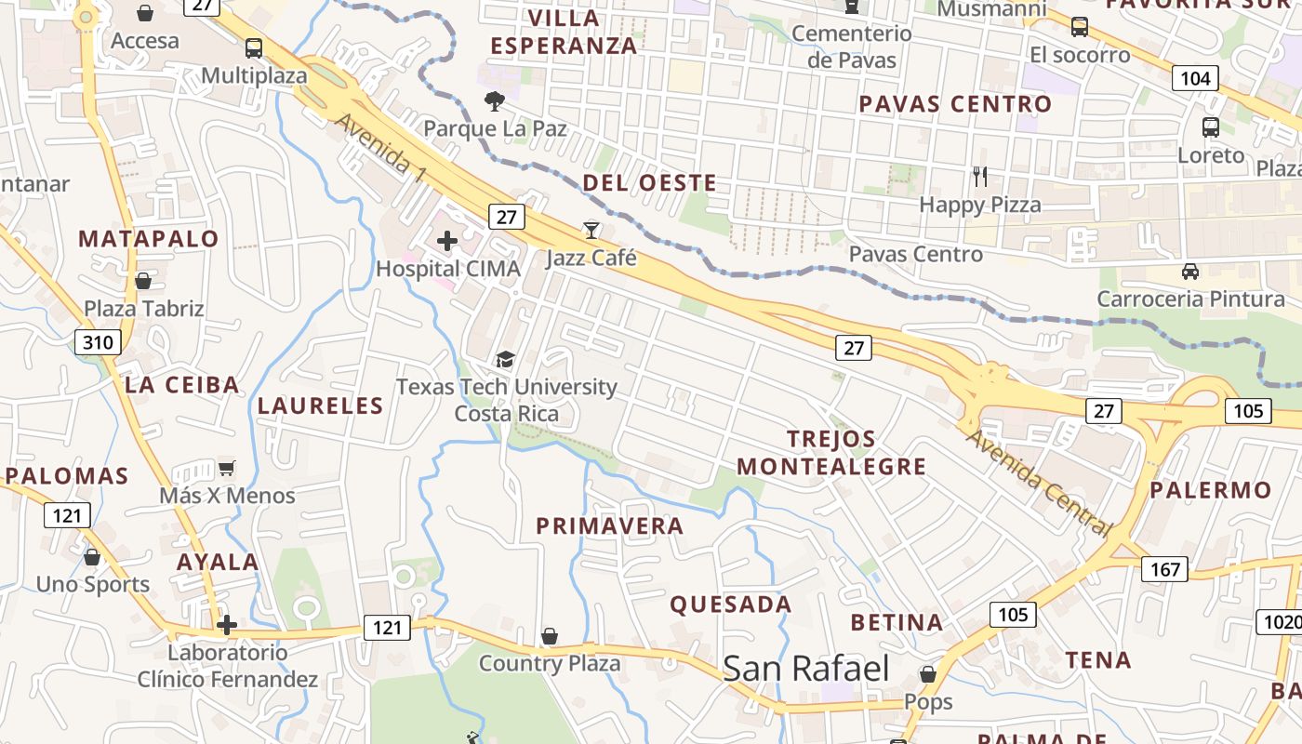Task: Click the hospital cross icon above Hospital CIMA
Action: click(447, 242)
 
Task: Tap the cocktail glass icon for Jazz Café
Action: click(591, 230)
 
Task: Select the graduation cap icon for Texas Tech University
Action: click(505, 359)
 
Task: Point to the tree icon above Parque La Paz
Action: click(495, 101)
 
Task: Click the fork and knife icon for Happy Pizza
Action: click(979, 176)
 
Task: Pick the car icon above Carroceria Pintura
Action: click(1189, 272)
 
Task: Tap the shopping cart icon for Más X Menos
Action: click(226, 468)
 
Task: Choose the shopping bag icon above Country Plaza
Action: click(550, 636)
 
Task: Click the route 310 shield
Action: click(98, 342)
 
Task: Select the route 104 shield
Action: click(1195, 78)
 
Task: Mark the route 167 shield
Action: click(1164, 569)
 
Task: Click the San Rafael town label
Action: click(805, 669)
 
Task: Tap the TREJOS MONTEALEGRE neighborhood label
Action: click(831, 452)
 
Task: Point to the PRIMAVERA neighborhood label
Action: click(610, 525)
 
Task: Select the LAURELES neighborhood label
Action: click(320, 405)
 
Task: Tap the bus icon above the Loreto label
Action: click(1210, 127)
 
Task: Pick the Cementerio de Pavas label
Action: click(851, 46)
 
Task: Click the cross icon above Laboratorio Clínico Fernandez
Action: click(227, 625)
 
